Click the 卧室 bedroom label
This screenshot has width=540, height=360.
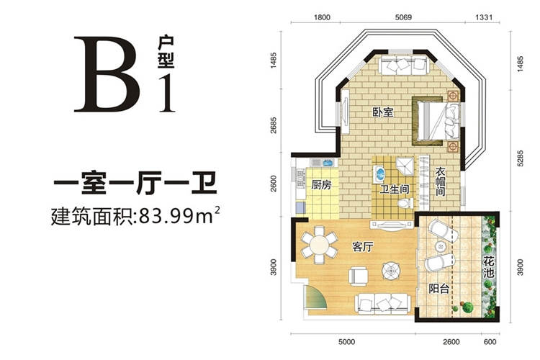click(x=383, y=112)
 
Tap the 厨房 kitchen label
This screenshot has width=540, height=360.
click(x=321, y=185)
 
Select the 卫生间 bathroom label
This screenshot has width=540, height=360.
click(x=394, y=189)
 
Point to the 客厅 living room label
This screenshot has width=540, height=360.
click(x=363, y=247)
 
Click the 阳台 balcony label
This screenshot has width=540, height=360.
click(x=439, y=288)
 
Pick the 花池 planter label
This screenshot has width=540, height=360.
click(x=488, y=267)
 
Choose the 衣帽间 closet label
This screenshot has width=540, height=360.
click(x=440, y=182)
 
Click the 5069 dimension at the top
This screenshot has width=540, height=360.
click(x=403, y=17)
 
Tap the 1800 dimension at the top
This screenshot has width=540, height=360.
click(x=322, y=17)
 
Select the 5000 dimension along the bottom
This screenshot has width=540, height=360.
click(x=346, y=342)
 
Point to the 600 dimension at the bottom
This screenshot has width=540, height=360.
click(x=490, y=342)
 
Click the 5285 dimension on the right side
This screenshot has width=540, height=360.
click(x=520, y=158)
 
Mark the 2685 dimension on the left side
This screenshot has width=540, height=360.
click(x=273, y=125)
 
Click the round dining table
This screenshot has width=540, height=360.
click(x=319, y=245)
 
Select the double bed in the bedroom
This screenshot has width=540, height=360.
click(x=436, y=120)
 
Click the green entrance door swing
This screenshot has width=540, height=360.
click(x=315, y=297)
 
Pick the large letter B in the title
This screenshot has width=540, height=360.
click(x=107, y=74)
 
